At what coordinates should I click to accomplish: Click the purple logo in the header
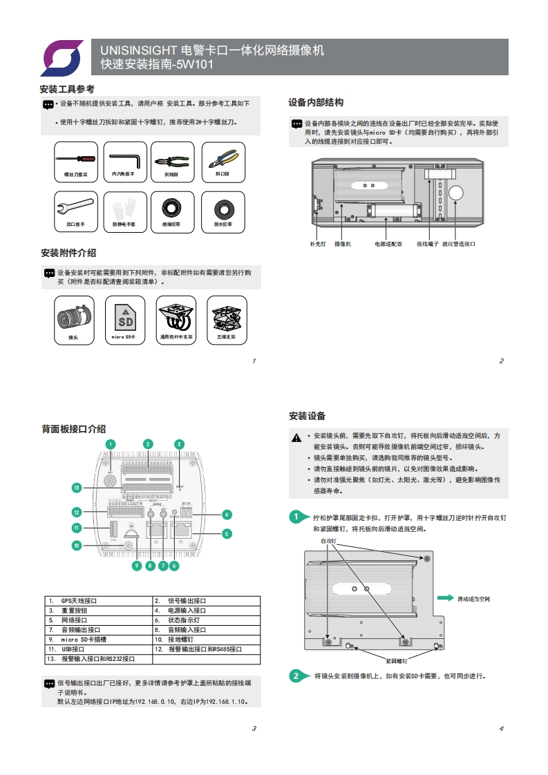[x=62, y=57]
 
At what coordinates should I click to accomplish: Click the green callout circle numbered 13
[x=77, y=488]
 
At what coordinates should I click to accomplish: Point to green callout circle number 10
[x=77, y=545]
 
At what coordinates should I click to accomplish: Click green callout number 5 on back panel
[x=226, y=533]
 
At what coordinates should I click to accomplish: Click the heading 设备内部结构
[x=315, y=102]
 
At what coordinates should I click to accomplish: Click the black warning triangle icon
[x=296, y=437]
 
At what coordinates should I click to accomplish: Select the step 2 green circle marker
[x=296, y=676]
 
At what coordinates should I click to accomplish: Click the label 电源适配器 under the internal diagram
[x=388, y=244]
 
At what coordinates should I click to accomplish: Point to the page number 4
[x=500, y=728]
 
